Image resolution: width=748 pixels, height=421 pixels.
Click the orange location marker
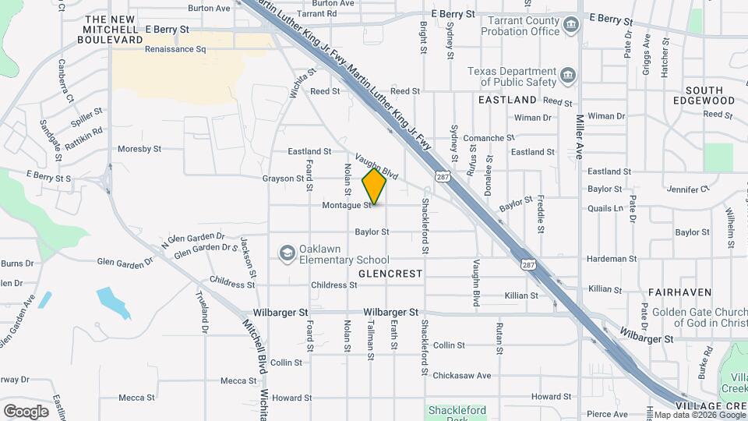click(x=375, y=186)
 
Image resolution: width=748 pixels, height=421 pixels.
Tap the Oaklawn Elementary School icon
click(x=287, y=253)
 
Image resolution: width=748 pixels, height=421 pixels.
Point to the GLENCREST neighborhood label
click(x=390, y=274)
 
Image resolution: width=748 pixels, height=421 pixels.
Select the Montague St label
click(x=347, y=206)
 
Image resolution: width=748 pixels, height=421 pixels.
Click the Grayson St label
click(x=283, y=179)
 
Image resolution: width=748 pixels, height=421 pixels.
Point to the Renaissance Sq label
click(x=175, y=48)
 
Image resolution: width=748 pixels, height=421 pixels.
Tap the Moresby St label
click(x=139, y=148)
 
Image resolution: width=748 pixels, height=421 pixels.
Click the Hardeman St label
click(x=612, y=259)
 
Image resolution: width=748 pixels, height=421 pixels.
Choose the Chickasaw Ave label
click(x=462, y=375)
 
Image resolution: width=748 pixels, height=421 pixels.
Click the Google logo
click(x=26, y=411)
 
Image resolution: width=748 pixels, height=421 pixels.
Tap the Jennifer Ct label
click(x=688, y=189)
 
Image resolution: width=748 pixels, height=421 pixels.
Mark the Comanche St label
click(x=484, y=138)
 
